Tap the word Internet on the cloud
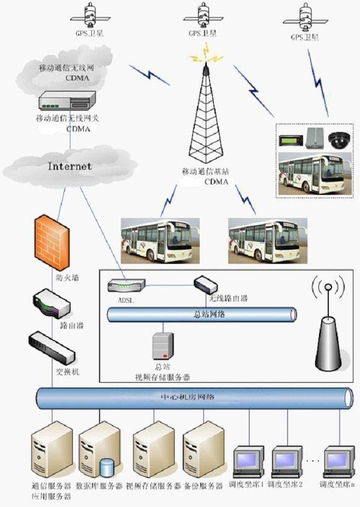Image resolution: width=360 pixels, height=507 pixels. click(69, 166)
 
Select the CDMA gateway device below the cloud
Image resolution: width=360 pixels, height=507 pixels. click(65, 101)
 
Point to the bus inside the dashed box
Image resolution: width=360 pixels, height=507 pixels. click(313, 174)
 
